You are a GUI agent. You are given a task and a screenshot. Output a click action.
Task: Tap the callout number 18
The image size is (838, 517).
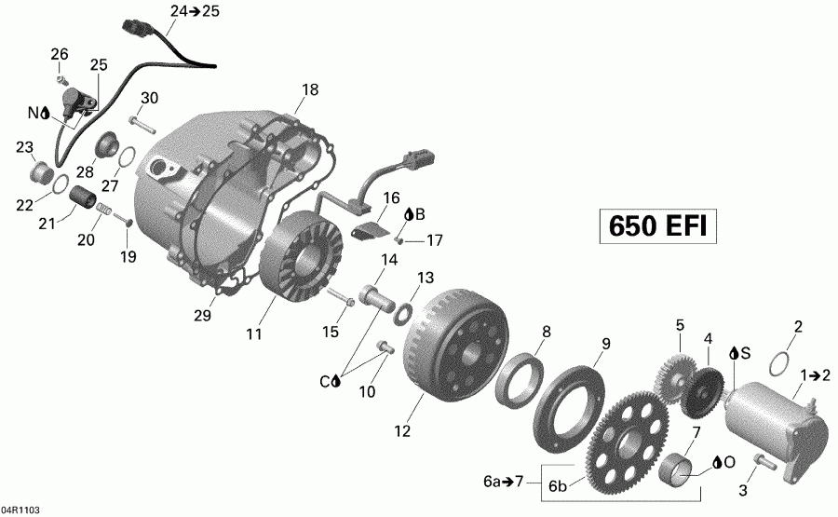click(310, 90)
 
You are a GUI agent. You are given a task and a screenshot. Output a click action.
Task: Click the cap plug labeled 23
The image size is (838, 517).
click(42, 173)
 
